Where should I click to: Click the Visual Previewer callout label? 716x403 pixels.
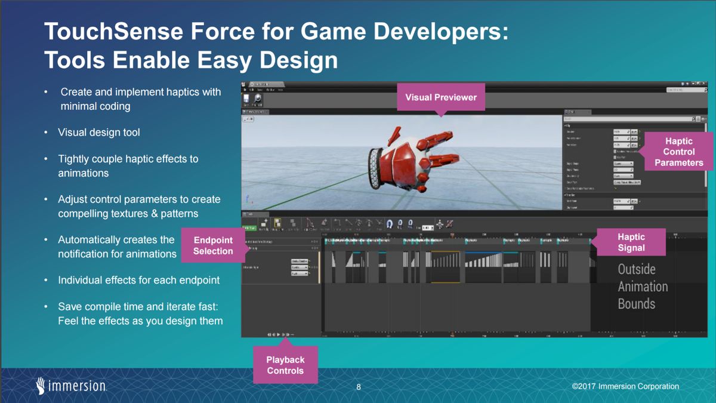[x=441, y=97]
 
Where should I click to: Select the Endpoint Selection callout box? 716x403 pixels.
[x=213, y=245]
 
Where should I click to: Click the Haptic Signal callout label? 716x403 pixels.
[x=631, y=242]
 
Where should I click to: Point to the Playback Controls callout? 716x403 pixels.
[x=285, y=365]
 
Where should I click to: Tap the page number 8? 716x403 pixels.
[x=359, y=387]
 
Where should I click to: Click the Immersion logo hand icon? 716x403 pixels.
[x=41, y=385]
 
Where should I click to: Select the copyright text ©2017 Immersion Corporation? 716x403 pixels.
[x=625, y=386]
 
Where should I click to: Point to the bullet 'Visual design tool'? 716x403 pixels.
[x=99, y=132]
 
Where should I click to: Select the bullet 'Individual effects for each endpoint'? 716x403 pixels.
[x=139, y=280]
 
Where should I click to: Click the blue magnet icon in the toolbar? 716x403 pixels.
[x=389, y=224]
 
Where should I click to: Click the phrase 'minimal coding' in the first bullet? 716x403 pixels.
[x=95, y=106]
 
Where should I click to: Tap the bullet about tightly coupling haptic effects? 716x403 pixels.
[x=128, y=166]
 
